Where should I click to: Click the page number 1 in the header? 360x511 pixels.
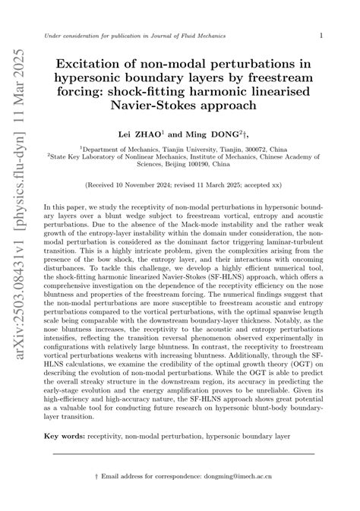(x=321, y=36)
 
